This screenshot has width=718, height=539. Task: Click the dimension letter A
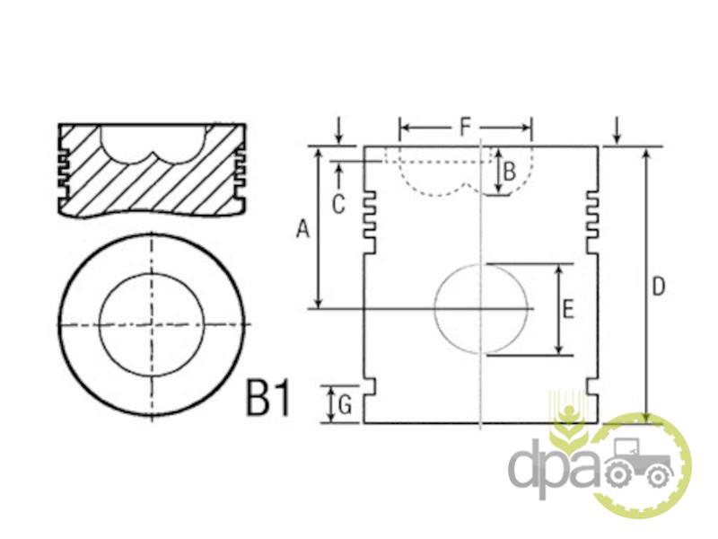[x=302, y=229]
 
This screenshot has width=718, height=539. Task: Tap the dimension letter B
[x=509, y=172]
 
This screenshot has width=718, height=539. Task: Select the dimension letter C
[x=338, y=205]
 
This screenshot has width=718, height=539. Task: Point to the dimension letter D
[x=658, y=287]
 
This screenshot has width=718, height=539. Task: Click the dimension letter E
[x=568, y=308]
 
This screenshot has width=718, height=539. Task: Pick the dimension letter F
[x=465, y=127]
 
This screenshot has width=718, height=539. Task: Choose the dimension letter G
[x=345, y=405]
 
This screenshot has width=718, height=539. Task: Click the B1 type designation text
[x=268, y=397]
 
